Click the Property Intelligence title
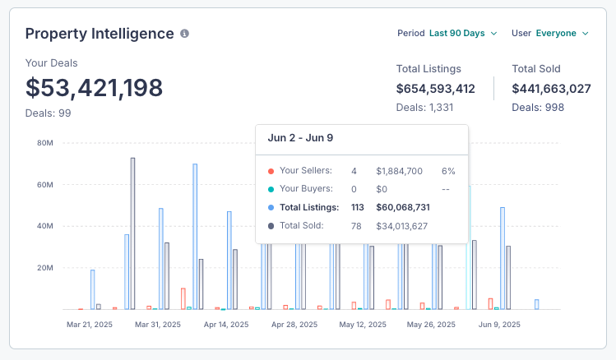pos(100,34)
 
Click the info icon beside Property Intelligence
pos(184,34)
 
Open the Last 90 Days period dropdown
pos(463,34)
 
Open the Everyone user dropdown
pos(563,34)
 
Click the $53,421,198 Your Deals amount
pos(94,88)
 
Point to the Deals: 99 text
pos(48,113)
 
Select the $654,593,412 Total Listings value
pos(435,89)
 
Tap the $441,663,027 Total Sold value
pos(551,89)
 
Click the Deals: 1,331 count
pos(424,108)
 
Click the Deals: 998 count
pos(538,108)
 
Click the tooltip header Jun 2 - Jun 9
pos(300,138)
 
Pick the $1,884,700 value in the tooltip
pos(399,171)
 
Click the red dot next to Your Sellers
pos(271,171)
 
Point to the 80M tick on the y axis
pos(45,143)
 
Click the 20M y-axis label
pos(45,268)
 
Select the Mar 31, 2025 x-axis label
pos(158,325)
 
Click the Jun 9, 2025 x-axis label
pos(499,325)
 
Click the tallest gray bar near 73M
pos(132,233)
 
